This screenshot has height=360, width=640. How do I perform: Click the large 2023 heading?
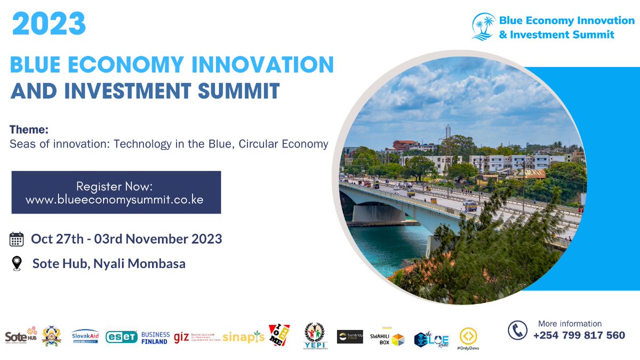[49, 23]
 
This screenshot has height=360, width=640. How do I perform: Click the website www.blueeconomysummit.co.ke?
[115, 199]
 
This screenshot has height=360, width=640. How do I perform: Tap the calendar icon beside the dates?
[17, 239]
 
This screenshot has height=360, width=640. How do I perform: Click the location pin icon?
[17, 263]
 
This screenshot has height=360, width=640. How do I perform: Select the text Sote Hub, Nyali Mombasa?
[109, 263]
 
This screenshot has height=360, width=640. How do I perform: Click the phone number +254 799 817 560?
[579, 335]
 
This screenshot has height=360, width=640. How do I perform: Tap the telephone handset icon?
[517, 330]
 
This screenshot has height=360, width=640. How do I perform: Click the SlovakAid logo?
[85, 337]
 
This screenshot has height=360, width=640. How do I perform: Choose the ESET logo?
[122, 337]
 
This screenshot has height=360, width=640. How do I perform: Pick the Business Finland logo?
[155, 338]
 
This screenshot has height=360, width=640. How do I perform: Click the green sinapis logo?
[243, 337]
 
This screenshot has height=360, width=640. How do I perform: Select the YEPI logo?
[315, 336]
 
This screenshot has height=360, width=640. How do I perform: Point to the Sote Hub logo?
[21, 336]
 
